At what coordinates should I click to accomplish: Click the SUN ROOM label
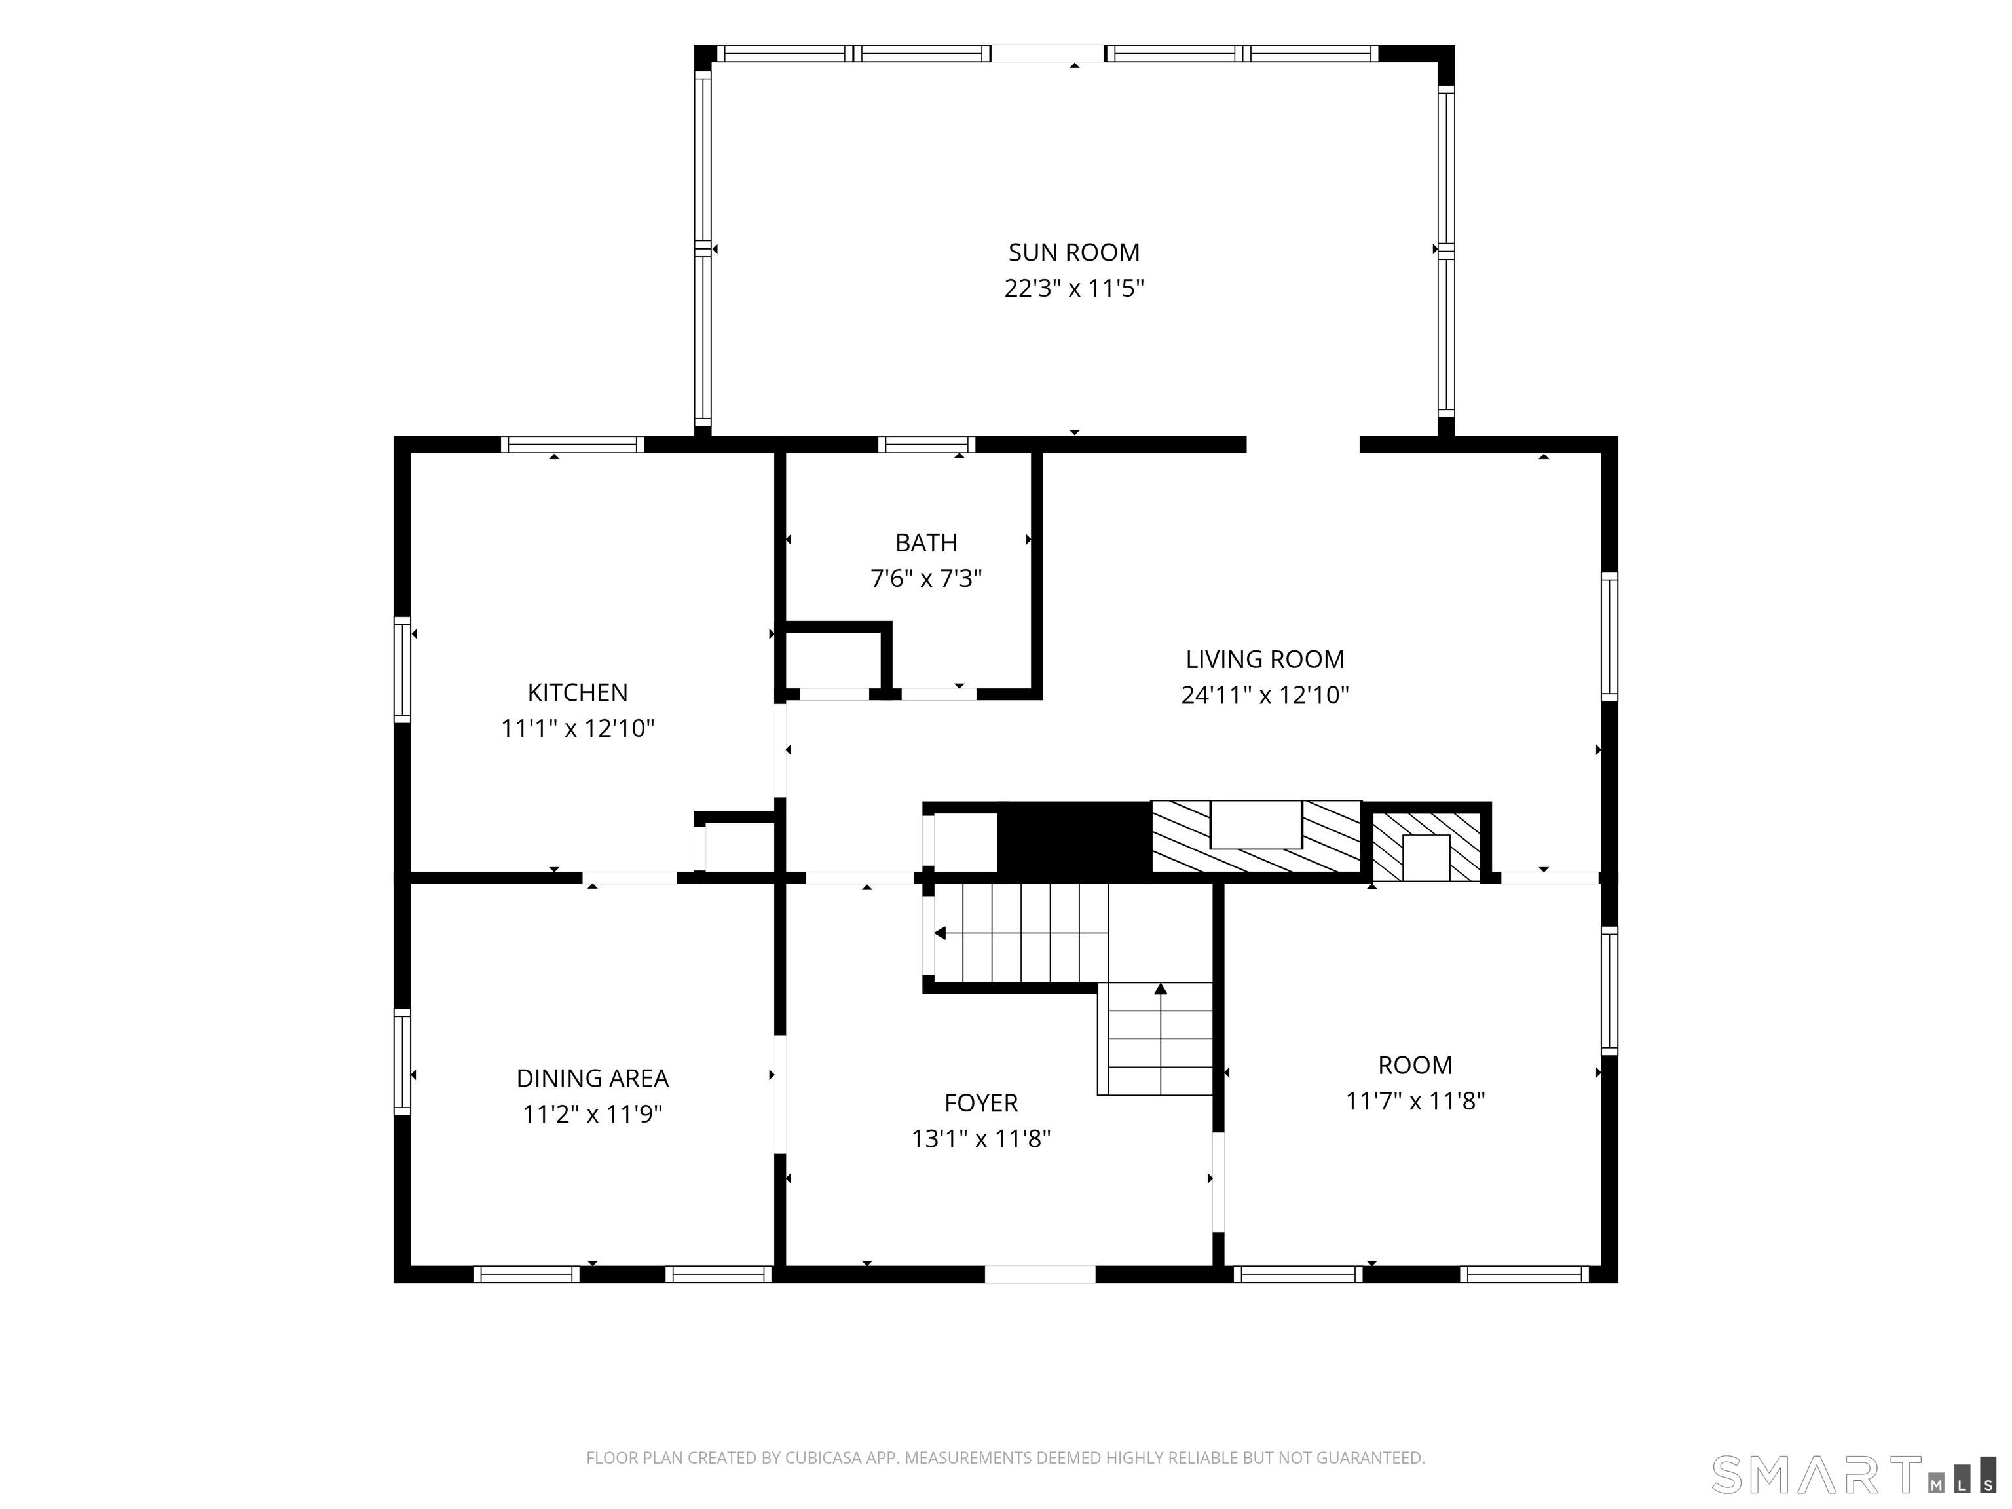click(x=1073, y=252)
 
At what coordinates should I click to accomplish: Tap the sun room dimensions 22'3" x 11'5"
click(x=1073, y=288)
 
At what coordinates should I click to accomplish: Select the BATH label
click(x=926, y=543)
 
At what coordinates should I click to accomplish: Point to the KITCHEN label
click(x=578, y=693)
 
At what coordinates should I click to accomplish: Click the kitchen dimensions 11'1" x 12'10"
click(x=578, y=728)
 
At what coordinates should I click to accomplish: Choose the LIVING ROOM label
click(x=1264, y=660)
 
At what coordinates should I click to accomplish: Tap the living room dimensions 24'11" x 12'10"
click(x=1264, y=696)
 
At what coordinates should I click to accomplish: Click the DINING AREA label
click(x=592, y=1079)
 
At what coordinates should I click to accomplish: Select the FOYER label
click(x=980, y=1104)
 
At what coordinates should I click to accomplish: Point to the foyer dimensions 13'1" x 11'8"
click(x=980, y=1139)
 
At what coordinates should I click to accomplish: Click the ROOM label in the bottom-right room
click(x=1415, y=1065)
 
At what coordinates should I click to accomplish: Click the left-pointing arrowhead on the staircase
click(x=941, y=933)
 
